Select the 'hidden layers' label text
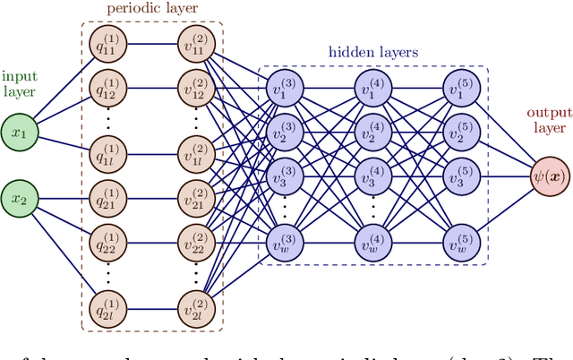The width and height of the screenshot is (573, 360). [x=374, y=53]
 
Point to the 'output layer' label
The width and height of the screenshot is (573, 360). [x=548, y=121]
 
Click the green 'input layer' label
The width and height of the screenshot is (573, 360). [x=20, y=84]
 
